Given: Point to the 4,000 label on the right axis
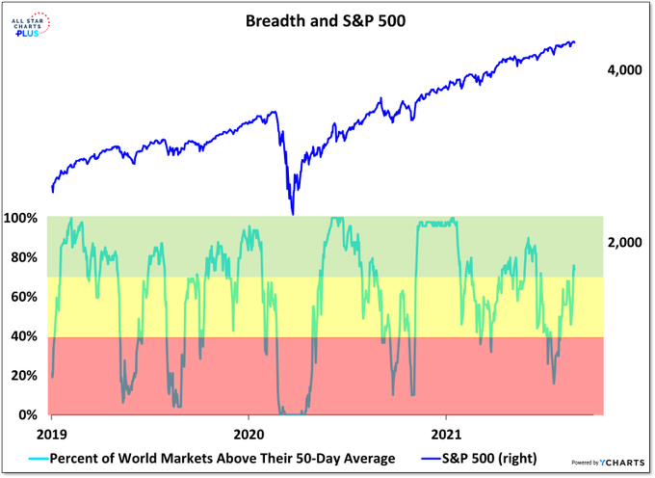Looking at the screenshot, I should coord(625,70).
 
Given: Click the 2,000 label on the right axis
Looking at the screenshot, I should coord(625,244).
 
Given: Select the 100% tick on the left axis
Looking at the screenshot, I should coord(20,218).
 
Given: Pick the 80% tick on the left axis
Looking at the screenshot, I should coord(23,257).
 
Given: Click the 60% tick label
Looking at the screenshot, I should coord(23,297).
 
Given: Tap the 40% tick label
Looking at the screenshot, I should coord(23,336).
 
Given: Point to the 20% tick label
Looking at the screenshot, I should coord(23,376).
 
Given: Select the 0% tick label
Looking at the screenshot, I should coord(26,415).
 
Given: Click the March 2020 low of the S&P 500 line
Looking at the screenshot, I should coord(292,214).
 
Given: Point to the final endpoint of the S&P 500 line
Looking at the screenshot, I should coord(575,42).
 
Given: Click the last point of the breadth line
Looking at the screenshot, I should coord(574,265).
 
